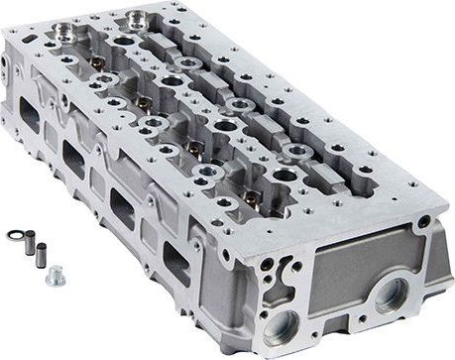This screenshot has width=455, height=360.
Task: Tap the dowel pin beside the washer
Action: point(31,240)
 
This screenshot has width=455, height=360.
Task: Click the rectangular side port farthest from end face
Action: point(30,116)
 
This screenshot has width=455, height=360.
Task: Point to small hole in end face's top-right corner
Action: point(424,222)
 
